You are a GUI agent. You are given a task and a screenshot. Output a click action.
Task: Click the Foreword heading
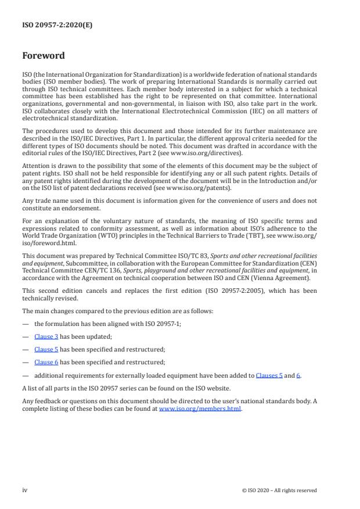(x=44, y=56)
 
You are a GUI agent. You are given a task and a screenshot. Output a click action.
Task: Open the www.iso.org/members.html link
(x=200, y=408)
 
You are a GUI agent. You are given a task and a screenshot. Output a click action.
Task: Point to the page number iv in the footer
(x=25, y=490)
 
